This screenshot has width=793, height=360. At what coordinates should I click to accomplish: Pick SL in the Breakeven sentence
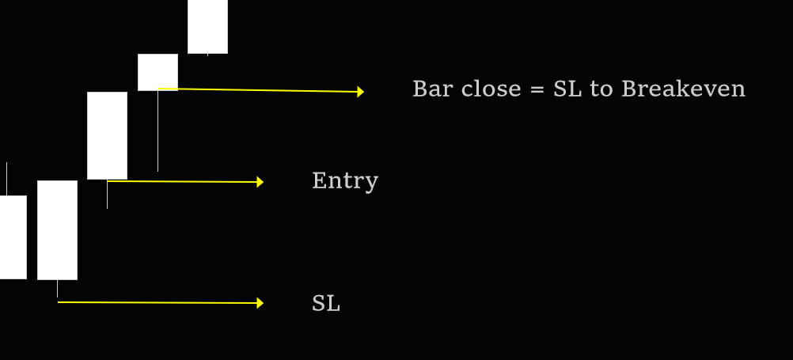coord(567,89)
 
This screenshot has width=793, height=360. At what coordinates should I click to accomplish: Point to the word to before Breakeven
coord(601,89)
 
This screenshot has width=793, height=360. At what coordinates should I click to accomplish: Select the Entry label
coord(345,181)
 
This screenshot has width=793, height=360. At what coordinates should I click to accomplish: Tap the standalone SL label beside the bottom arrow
coord(326,303)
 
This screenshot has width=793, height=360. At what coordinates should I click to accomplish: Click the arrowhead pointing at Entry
coord(260,182)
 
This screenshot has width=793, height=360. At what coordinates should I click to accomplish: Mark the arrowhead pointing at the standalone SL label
coord(260,303)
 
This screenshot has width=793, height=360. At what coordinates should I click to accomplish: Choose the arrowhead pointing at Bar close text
coord(360,92)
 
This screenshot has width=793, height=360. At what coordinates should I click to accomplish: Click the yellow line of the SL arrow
coord(158,302)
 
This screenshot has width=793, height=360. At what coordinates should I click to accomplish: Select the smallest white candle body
coord(157,72)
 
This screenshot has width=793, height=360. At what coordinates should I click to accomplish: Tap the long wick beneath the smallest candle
coord(157,131)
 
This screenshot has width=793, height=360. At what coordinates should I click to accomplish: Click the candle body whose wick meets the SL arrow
coord(57,229)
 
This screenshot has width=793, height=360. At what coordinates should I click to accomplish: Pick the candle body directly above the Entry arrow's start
coord(107,135)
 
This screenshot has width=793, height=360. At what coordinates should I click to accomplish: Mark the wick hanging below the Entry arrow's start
coord(107,195)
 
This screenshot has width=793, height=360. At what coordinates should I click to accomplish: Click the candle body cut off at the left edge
coord(13,237)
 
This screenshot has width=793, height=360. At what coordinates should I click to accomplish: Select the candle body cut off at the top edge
coord(207,26)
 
